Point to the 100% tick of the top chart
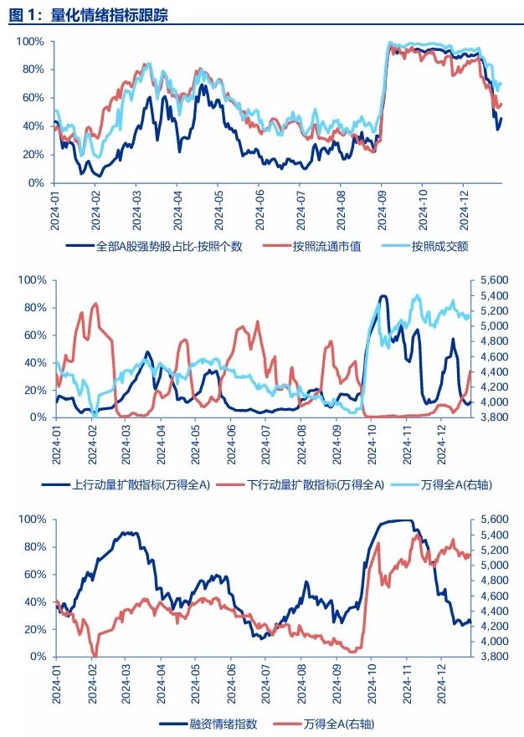pyautogui.click(x=30, y=42)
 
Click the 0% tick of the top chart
pyautogui.click(x=35, y=182)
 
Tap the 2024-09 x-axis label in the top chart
pyautogui.click(x=382, y=207)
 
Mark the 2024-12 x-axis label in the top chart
pyautogui.click(x=464, y=207)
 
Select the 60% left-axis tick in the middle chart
pyautogui.click(x=33, y=335)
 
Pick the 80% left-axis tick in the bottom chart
pyautogui.click(x=33, y=547)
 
